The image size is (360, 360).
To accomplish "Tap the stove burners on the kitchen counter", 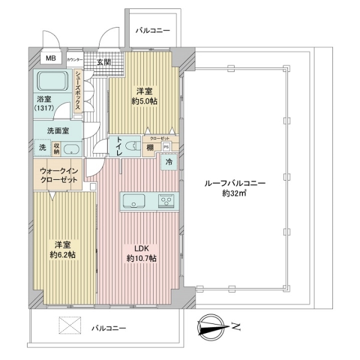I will click(167, 200).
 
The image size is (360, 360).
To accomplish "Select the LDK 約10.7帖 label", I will click(142, 253).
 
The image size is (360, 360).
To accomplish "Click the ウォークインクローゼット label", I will click(59, 175).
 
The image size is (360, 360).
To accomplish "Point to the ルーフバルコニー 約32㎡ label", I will click(243, 188).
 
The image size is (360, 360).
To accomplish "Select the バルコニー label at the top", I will click(152, 30).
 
